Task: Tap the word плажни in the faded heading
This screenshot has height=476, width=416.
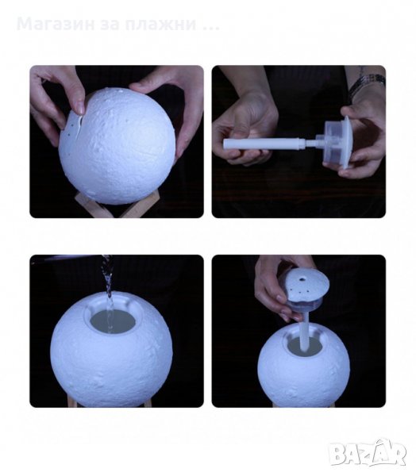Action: click(x=160, y=25)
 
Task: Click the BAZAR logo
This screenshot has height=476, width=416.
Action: click(x=368, y=452)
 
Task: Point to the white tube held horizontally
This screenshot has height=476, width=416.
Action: click(x=264, y=144)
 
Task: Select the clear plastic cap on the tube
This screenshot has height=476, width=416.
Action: click(x=338, y=142)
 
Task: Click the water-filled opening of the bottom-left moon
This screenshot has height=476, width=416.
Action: click(x=113, y=322)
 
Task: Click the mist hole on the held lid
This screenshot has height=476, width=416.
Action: click(x=303, y=278)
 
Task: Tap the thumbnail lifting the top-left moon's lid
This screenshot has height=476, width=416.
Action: click(x=80, y=107)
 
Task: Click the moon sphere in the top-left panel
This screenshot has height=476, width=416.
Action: click(x=117, y=146)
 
